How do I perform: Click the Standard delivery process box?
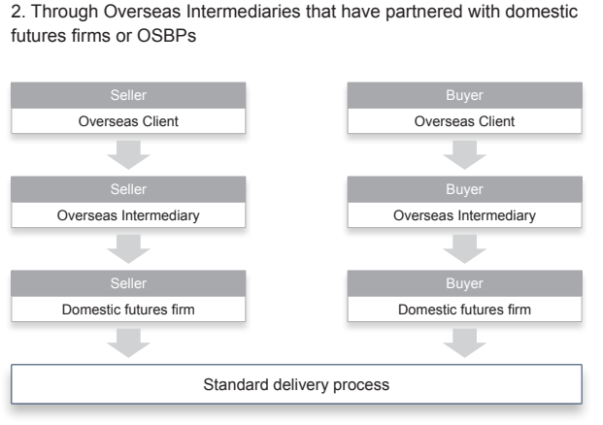click(x=296, y=384)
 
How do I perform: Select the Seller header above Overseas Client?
click(x=128, y=95)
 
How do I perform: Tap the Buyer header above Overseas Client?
click(x=464, y=95)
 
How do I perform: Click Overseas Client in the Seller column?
click(x=128, y=121)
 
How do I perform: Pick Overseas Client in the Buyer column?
click(x=464, y=121)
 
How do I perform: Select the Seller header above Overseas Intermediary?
click(x=128, y=189)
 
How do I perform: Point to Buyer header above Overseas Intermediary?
click(x=464, y=189)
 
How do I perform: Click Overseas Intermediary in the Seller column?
click(x=128, y=215)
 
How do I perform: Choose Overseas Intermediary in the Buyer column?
click(x=464, y=215)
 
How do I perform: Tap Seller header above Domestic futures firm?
click(x=128, y=283)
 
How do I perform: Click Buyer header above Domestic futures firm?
click(x=464, y=283)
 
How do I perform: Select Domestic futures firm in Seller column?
click(x=128, y=310)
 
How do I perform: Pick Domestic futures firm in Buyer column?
click(x=464, y=310)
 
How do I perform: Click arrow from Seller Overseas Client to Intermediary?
click(x=128, y=155)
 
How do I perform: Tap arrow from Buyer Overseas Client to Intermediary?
click(x=464, y=155)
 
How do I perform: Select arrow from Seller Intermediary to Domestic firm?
click(x=128, y=249)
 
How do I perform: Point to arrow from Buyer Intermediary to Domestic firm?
click(x=464, y=249)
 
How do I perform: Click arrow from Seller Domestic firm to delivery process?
click(x=128, y=343)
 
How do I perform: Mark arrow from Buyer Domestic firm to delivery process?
click(x=464, y=343)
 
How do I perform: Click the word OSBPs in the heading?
click(x=166, y=36)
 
